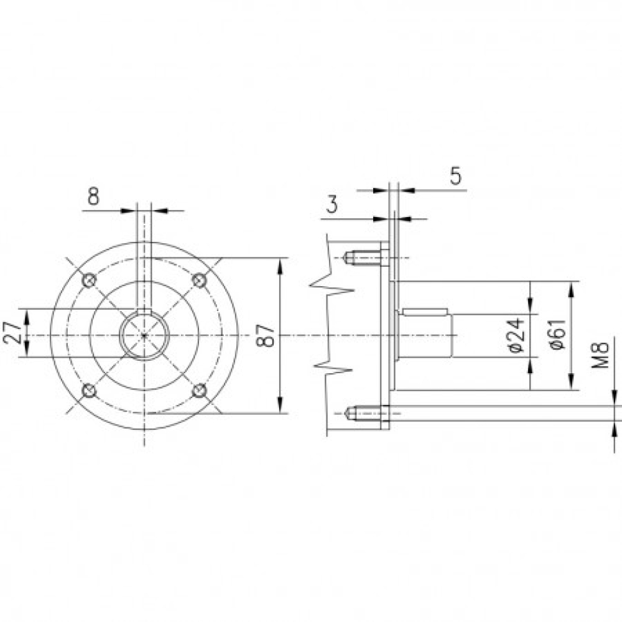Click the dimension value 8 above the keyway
[x=93, y=197]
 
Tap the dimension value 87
[x=267, y=336]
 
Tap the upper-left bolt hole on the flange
[x=90, y=281]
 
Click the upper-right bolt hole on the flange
[x=199, y=281]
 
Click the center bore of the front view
[x=144, y=336]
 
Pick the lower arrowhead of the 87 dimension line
[x=282, y=407]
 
